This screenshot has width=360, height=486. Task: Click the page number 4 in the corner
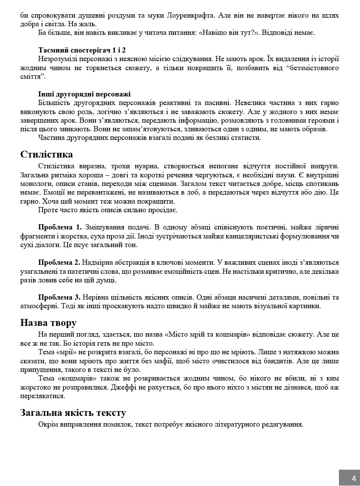point(354,478)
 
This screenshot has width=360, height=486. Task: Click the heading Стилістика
point(46,155)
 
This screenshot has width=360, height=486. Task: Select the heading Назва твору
point(48,323)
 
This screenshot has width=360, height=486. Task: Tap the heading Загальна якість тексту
point(73,413)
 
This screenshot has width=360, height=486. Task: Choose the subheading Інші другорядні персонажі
point(84,94)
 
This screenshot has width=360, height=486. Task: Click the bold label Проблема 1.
point(60,227)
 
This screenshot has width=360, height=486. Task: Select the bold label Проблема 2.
point(59,262)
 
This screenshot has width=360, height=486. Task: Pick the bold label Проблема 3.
point(59,297)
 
